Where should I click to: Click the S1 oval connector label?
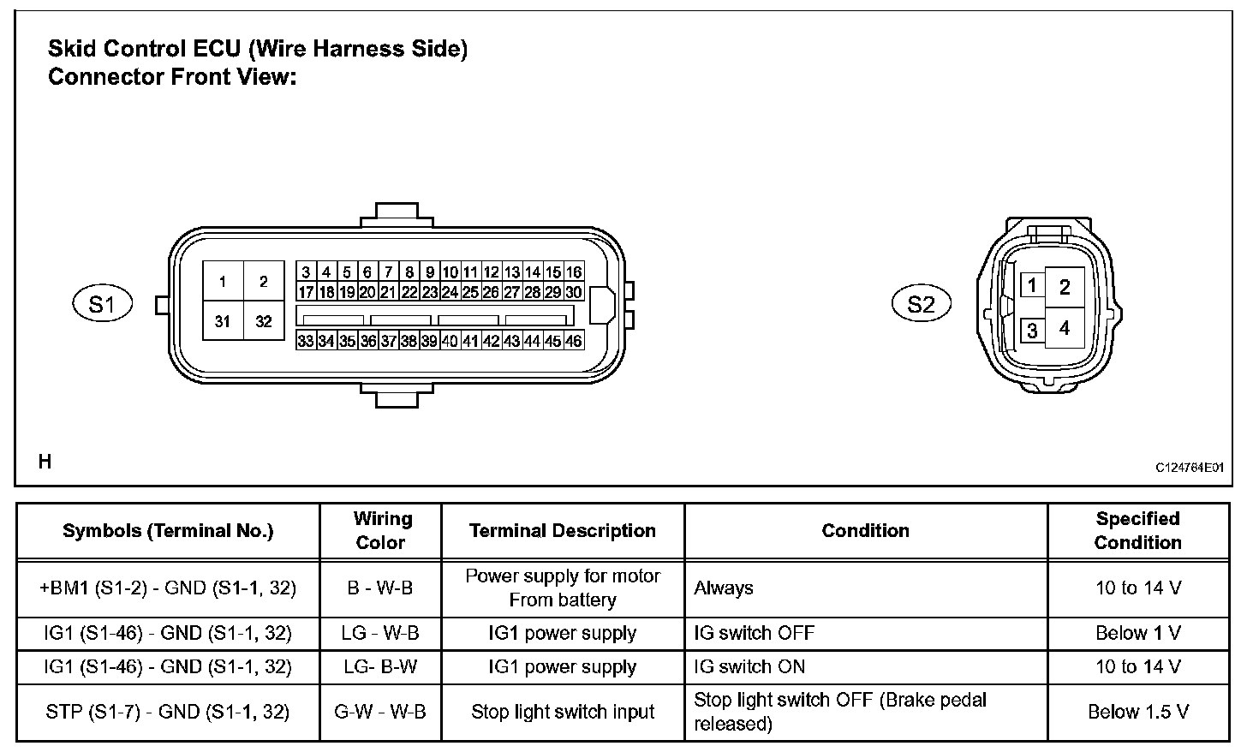click(x=102, y=304)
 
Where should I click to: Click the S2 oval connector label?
click(x=921, y=304)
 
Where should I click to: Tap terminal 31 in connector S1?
click(x=223, y=322)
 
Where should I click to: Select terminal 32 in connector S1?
click(x=264, y=322)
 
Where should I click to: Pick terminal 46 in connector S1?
click(x=574, y=341)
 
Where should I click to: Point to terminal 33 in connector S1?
click(x=306, y=341)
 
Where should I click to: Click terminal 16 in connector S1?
click(x=574, y=272)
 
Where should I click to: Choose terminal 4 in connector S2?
click(x=1065, y=328)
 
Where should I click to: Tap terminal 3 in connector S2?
click(x=1033, y=331)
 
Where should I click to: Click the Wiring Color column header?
click(x=381, y=530)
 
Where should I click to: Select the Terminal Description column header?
click(x=563, y=531)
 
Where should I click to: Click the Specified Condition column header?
click(x=1137, y=530)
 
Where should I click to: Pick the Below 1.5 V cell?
click(x=1137, y=712)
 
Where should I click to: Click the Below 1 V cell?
click(x=1137, y=634)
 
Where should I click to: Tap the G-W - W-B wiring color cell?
click(x=380, y=712)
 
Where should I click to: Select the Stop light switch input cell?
click(x=563, y=712)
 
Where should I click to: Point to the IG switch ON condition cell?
click(x=749, y=667)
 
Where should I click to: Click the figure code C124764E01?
click(x=1189, y=468)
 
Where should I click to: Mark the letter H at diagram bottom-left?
click(x=45, y=462)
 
